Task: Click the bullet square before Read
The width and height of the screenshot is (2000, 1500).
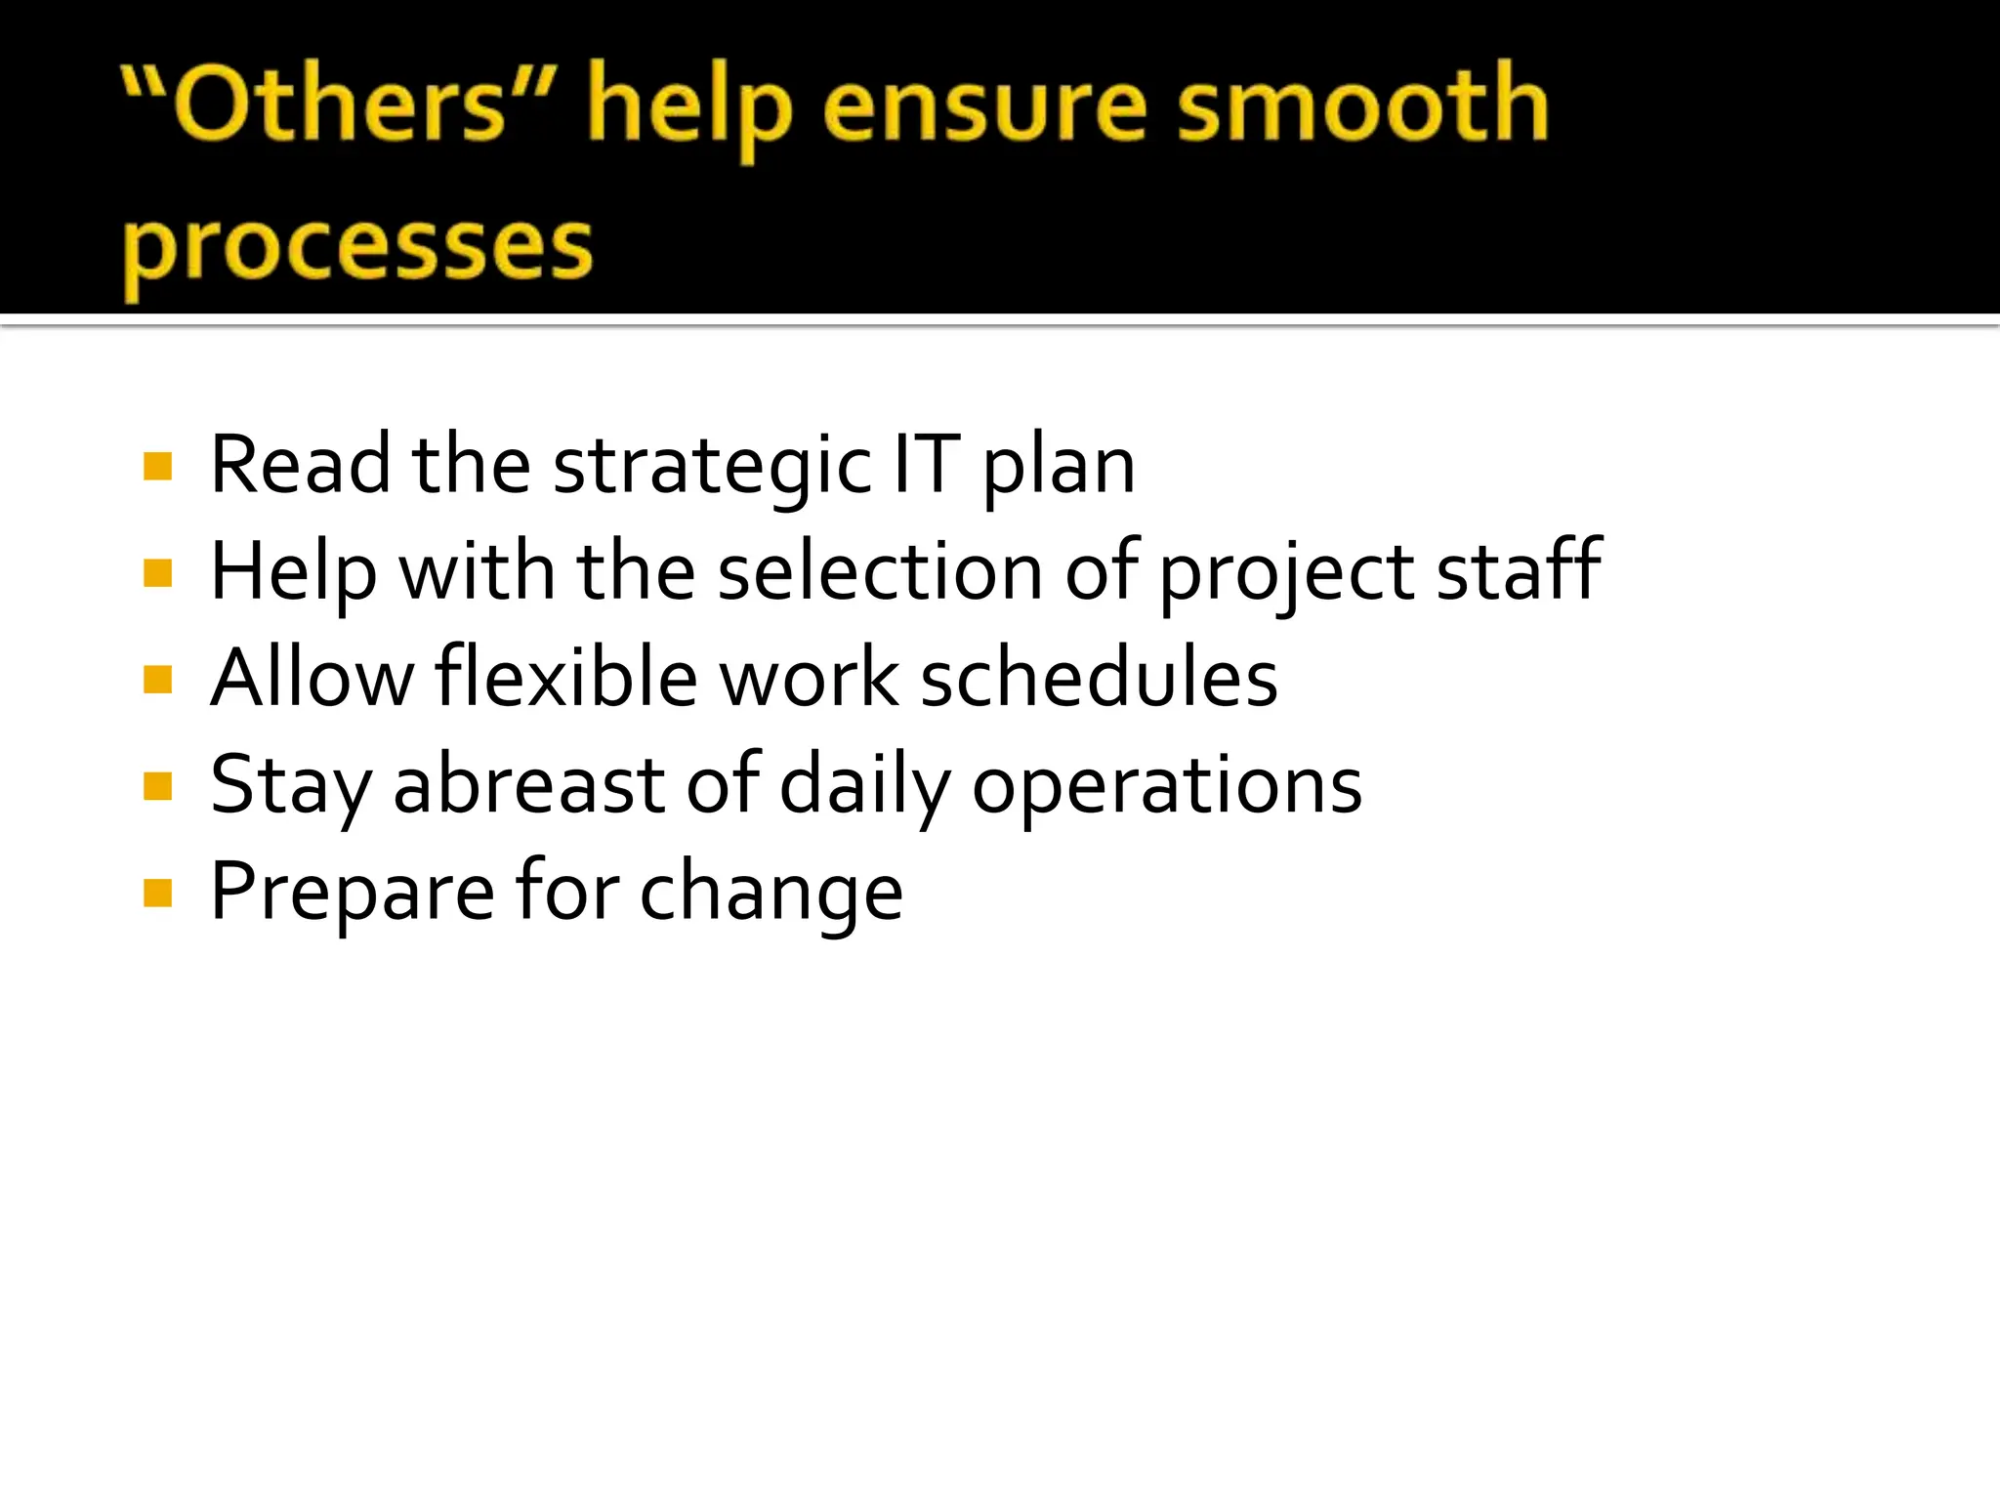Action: pos(157,467)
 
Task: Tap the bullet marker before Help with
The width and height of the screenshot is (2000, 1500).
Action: pos(157,573)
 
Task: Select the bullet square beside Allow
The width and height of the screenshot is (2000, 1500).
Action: pos(157,680)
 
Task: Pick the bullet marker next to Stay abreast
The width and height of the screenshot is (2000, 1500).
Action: pos(157,786)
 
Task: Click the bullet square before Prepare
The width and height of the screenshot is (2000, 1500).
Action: pos(157,893)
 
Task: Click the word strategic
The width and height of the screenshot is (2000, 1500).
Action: pos(712,467)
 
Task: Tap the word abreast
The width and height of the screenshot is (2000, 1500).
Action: pos(529,785)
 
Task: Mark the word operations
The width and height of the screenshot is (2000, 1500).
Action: pos(1167,787)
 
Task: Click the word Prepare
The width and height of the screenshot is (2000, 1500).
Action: pos(353,893)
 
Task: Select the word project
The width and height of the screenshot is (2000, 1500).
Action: pos(1286,574)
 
